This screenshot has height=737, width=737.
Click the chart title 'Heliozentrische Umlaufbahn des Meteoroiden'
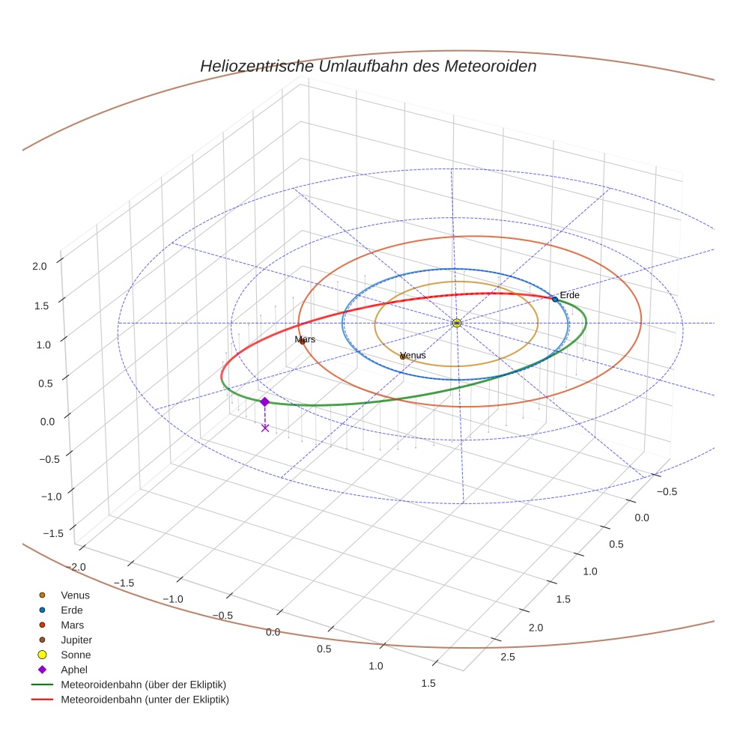[x=368, y=66]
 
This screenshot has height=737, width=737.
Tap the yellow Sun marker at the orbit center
[x=457, y=323]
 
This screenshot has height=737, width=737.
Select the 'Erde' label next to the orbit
[x=569, y=295]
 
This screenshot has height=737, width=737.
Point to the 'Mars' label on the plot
[x=305, y=339]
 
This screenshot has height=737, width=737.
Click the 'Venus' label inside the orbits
[x=413, y=355]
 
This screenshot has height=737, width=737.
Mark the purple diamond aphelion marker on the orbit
[x=264, y=401]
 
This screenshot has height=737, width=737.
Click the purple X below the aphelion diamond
[x=264, y=428]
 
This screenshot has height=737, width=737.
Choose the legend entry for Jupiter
[x=76, y=640]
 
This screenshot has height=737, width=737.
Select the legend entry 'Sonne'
[x=76, y=655]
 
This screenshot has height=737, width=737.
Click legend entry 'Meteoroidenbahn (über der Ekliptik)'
[x=143, y=685]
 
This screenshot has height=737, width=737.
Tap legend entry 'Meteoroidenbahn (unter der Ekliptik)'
[x=145, y=700]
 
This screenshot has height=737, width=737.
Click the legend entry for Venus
[x=75, y=595]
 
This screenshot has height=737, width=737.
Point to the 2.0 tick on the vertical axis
[x=39, y=265]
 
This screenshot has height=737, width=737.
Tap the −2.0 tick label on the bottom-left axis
[x=76, y=567]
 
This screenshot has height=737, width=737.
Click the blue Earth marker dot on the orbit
[x=555, y=299]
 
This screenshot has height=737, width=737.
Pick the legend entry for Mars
[x=72, y=625]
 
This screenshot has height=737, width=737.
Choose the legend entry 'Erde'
[x=71, y=610]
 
